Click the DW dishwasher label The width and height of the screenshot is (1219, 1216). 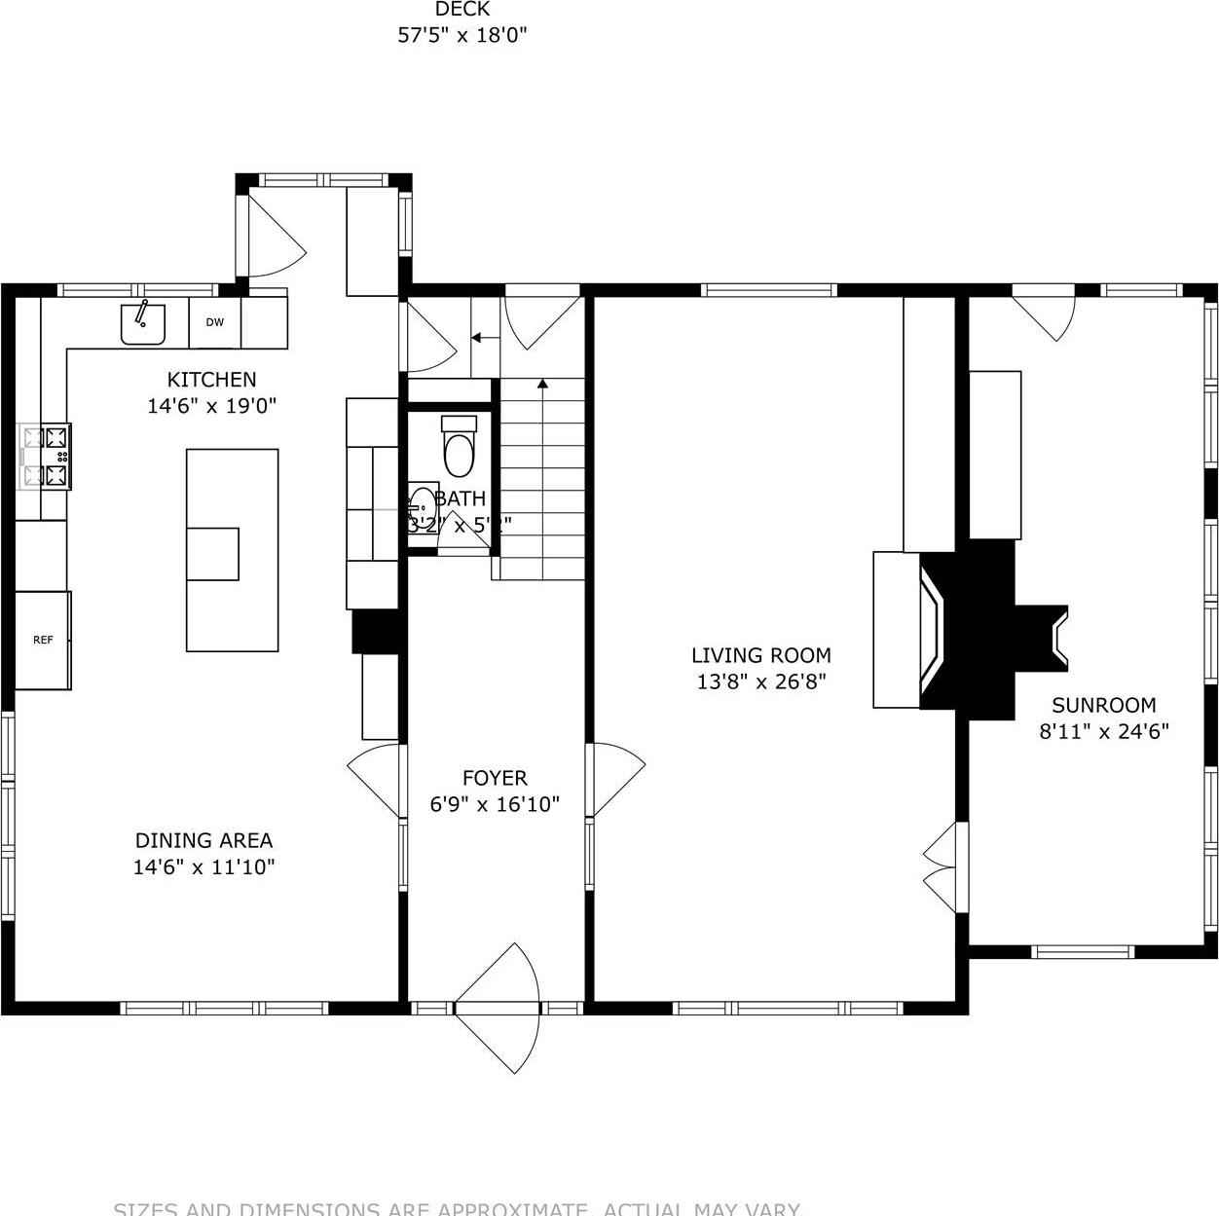coord(214,322)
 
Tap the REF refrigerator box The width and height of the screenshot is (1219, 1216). coord(43,640)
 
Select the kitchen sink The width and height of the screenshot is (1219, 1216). coord(143,323)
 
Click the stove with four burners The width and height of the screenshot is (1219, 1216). coord(46,456)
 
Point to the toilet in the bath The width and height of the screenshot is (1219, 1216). coord(459,447)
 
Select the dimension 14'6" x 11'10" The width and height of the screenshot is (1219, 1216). coord(203,866)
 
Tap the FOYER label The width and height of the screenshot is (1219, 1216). coord(495,778)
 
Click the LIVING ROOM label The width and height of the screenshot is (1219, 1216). coord(760,655)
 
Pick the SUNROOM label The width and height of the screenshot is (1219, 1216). coord(1103,705)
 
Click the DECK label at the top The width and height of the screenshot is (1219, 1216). coord(462,10)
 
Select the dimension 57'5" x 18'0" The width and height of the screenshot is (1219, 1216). coord(462,36)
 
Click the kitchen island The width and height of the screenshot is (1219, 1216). coord(232,549)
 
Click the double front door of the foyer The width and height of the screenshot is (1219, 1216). coord(497,1008)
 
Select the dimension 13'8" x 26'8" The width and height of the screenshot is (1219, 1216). coord(760,682)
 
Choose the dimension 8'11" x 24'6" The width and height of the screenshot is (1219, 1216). coord(1103,731)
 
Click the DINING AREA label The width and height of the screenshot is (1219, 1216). coord(203,840)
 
